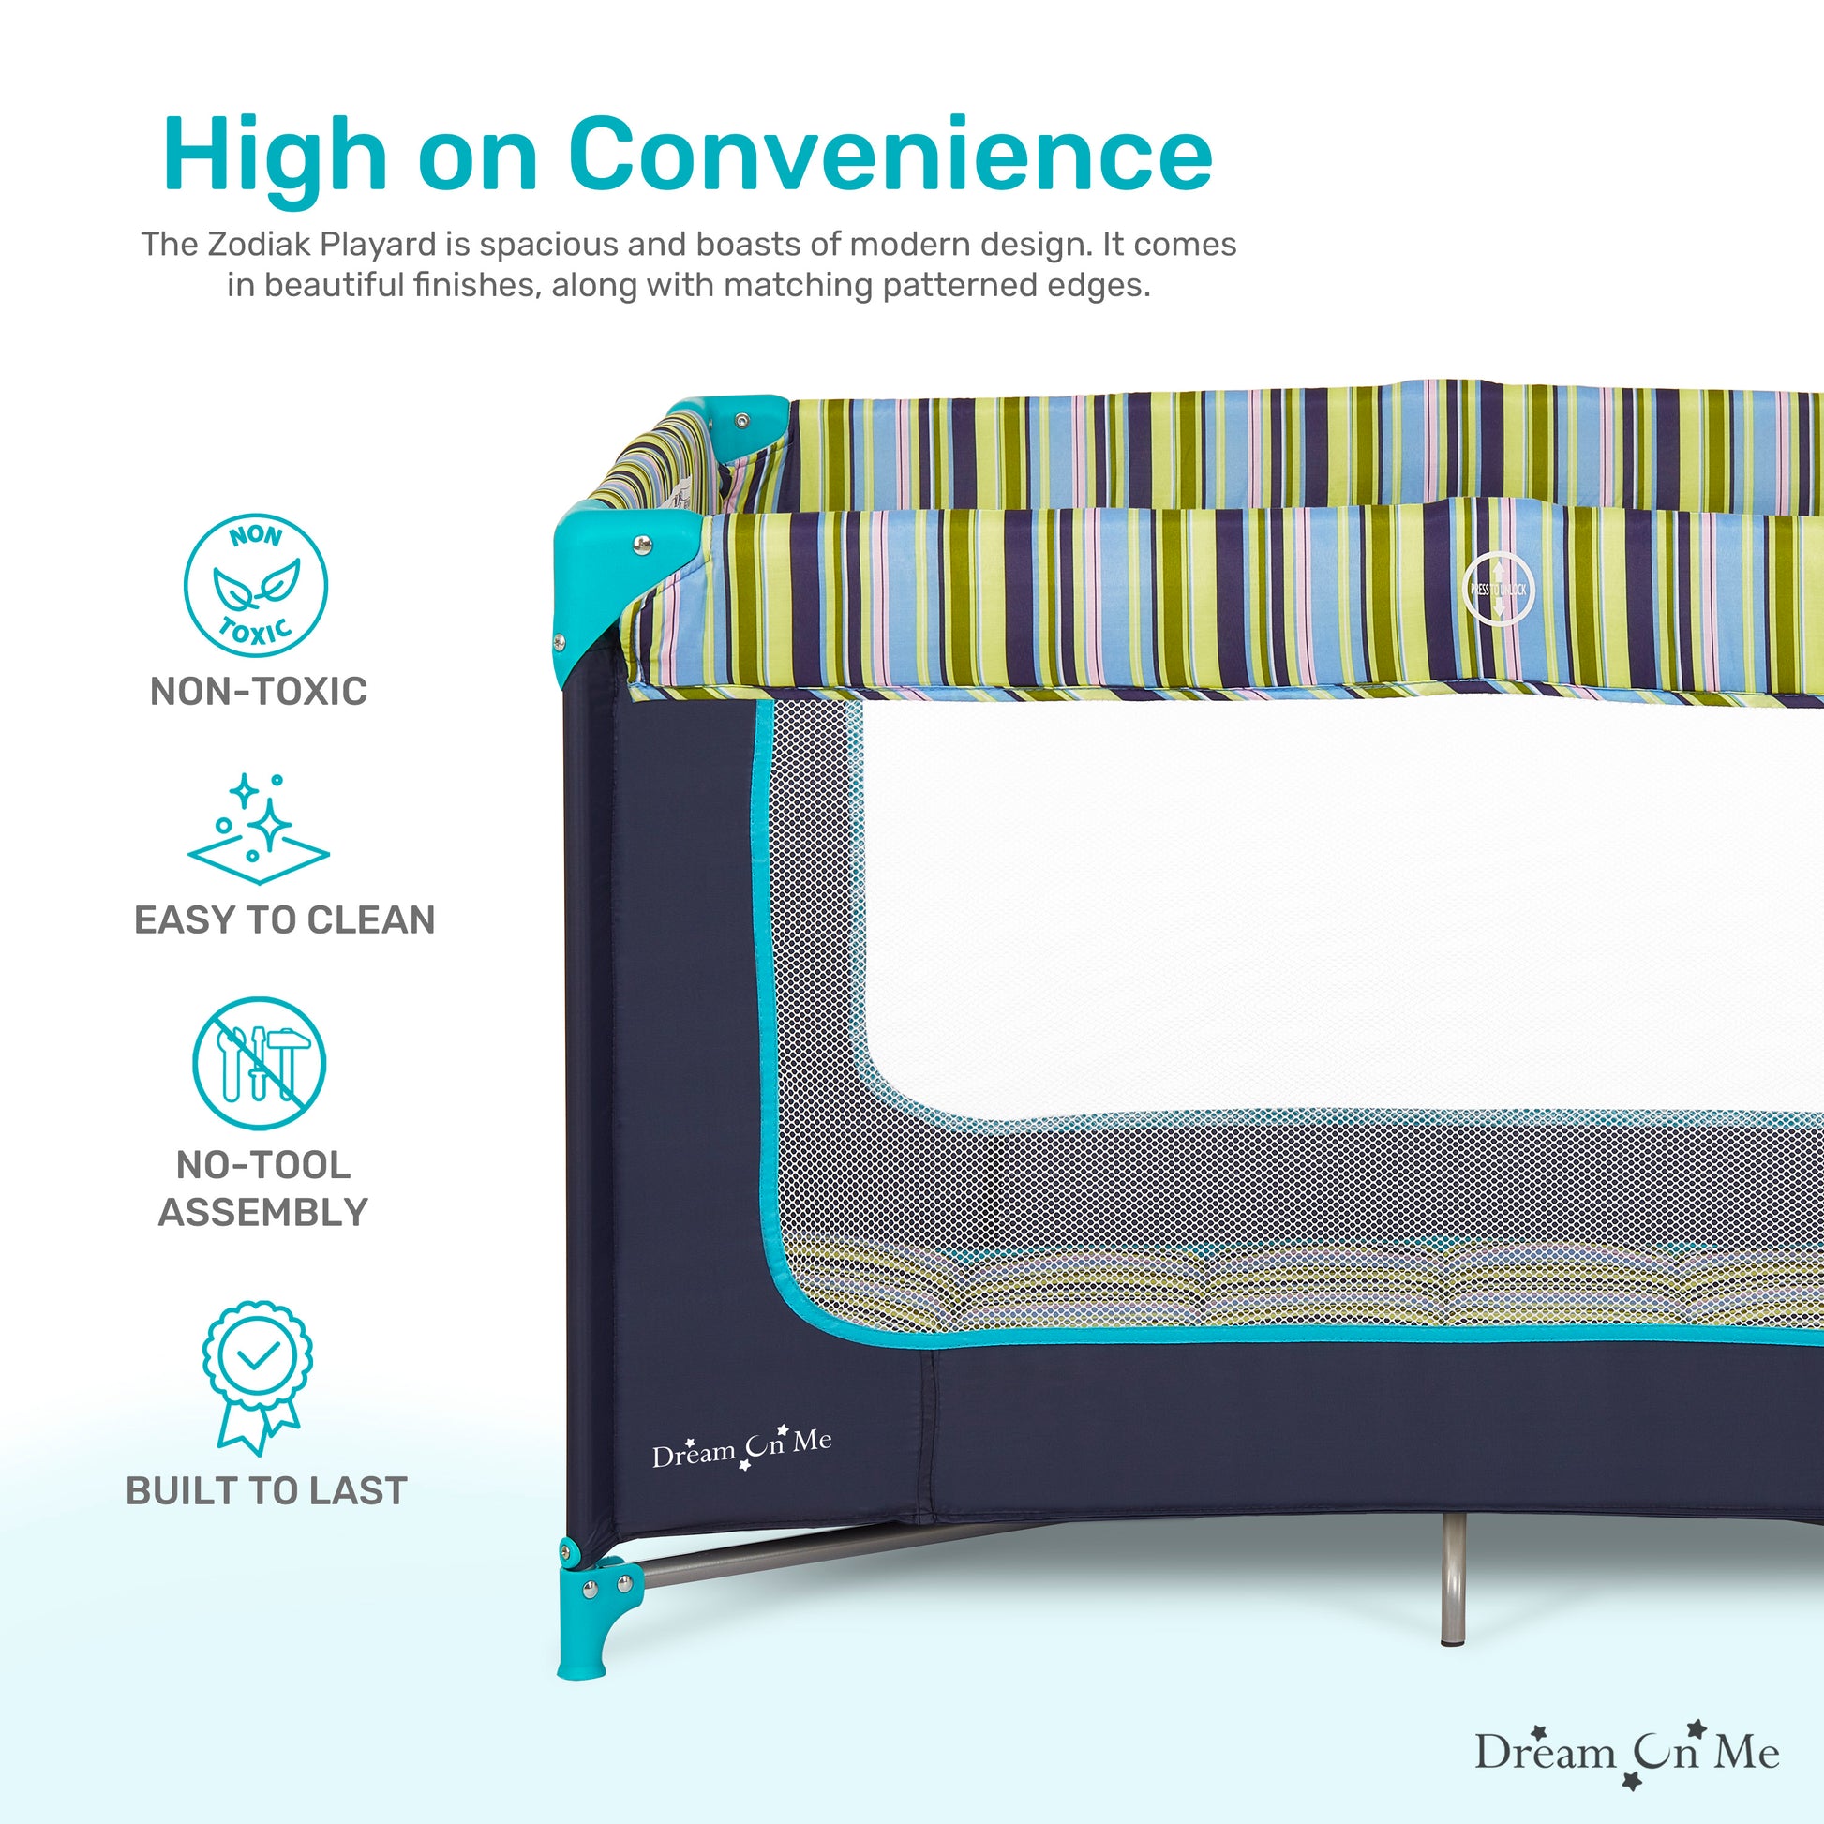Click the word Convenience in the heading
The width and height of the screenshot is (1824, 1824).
pyautogui.click(x=890, y=156)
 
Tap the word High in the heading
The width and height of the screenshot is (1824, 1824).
pyautogui.click(x=274, y=156)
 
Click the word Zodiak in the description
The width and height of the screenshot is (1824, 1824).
pyautogui.click(x=259, y=245)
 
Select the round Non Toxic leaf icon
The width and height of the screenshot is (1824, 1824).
pyautogui.click(x=255, y=585)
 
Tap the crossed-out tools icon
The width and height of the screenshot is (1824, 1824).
pyautogui.click(x=259, y=1063)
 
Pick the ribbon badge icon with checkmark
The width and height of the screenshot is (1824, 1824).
pyautogui.click(x=258, y=1377)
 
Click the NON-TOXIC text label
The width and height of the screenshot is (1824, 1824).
pyautogui.click(x=259, y=691)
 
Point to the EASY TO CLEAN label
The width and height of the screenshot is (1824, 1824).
pyautogui.click(x=284, y=919)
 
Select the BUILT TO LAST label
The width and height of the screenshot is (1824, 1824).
pyautogui.click(x=266, y=1490)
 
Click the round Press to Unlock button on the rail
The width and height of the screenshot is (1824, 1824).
pyautogui.click(x=1498, y=590)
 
